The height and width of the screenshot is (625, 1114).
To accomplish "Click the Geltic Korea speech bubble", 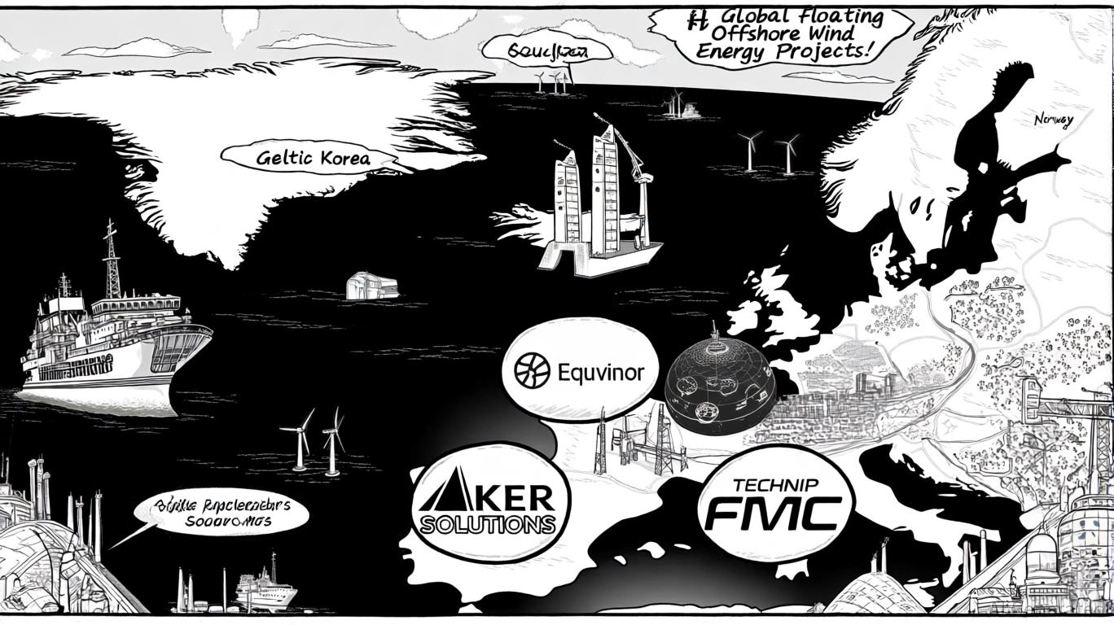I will click(313, 157).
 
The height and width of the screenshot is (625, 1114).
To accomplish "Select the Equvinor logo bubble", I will click(580, 373).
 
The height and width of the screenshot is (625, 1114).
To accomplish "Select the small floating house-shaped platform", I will click(371, 286).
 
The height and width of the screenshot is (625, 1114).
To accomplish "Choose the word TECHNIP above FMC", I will click(774, 486).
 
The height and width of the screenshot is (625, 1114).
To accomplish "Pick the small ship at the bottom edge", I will click(265, 593).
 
